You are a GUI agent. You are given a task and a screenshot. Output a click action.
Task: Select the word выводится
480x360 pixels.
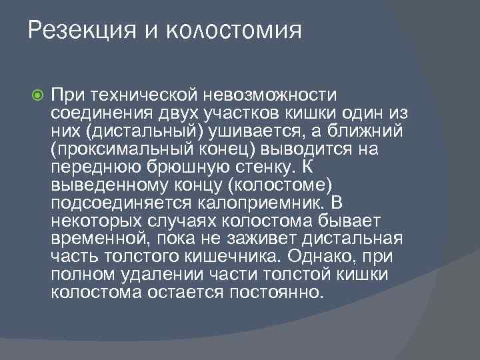pos(307,148)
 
